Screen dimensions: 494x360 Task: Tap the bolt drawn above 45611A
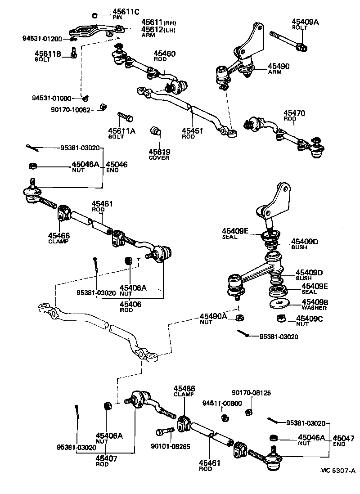(x=125, y=117)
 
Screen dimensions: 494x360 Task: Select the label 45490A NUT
(x=214, y=318)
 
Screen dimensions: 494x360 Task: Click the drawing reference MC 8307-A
(x=337, y=471)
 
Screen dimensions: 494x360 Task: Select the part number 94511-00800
(x=222, y=403)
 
